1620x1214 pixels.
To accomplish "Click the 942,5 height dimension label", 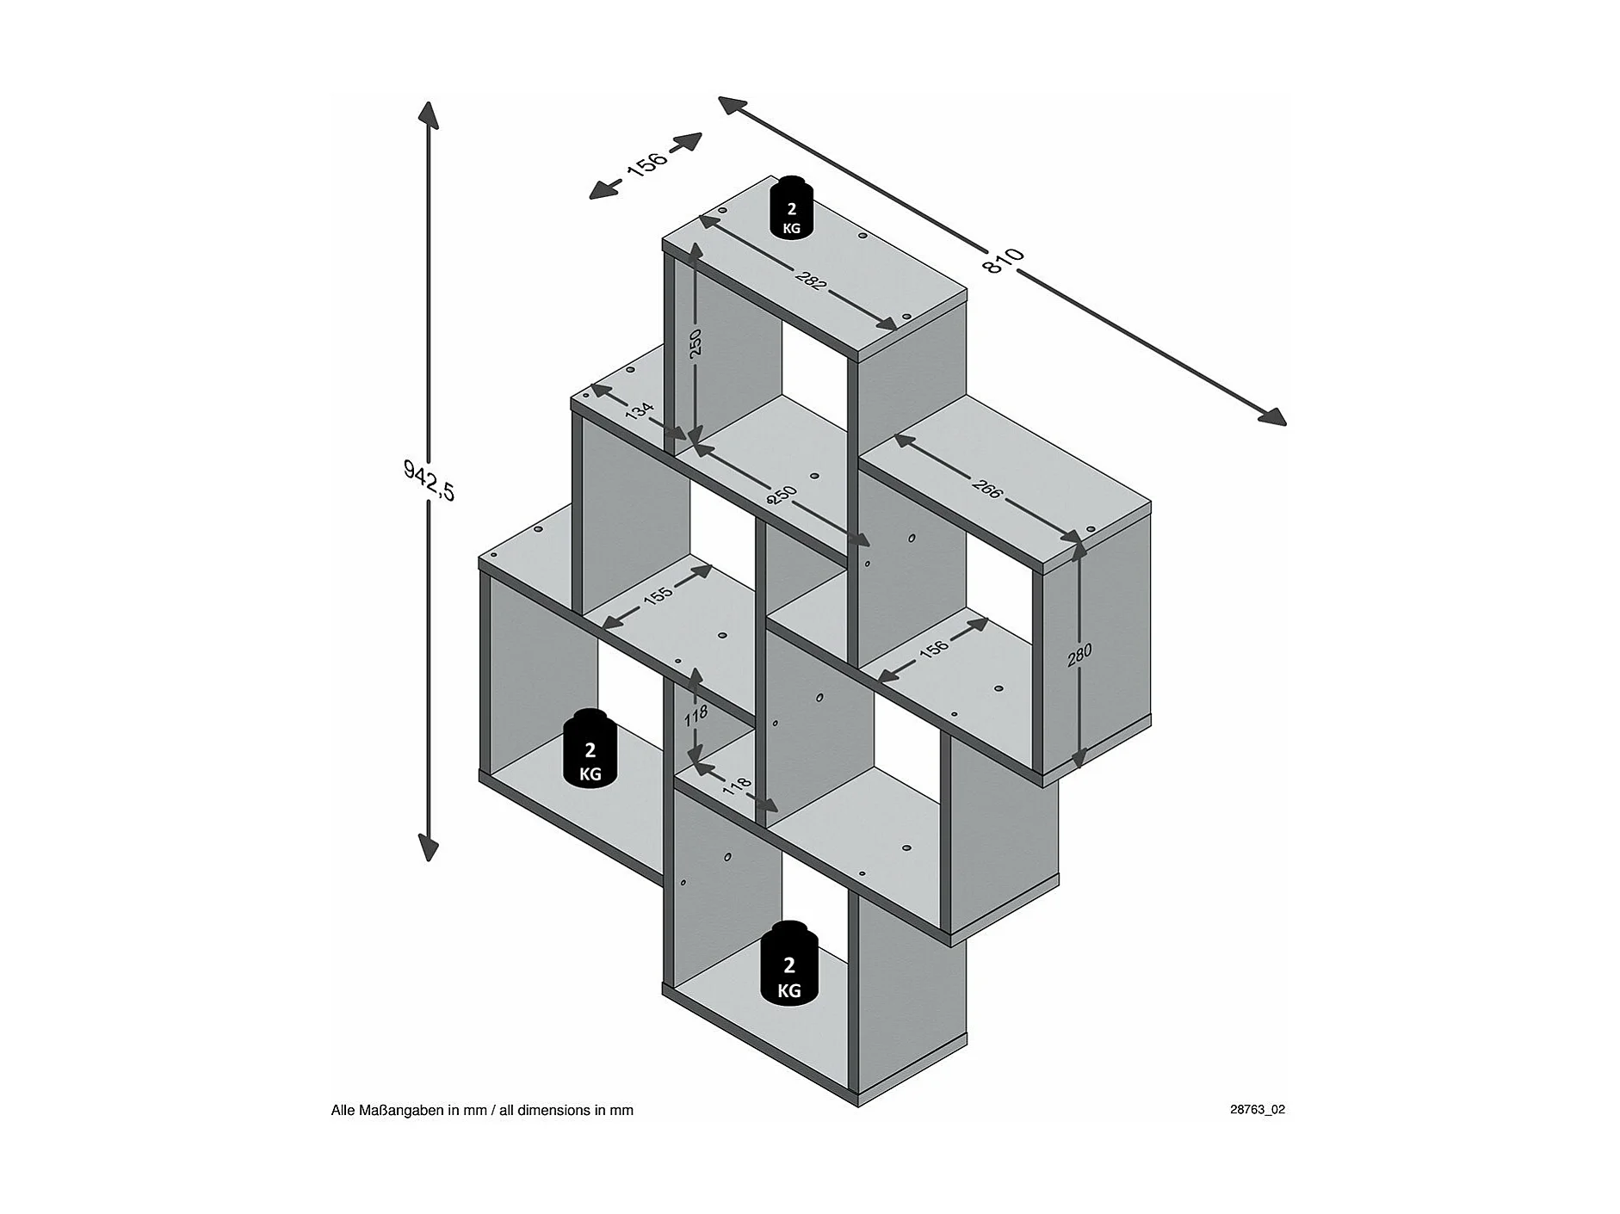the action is pyautogui.click(x=428, y=480).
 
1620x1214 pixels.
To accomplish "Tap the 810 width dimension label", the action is pyautogui.click(x=1003, y=260).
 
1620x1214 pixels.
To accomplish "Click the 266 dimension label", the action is pyautogui.click(x=987, y=487).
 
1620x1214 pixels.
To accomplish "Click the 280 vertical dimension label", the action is pyautogui.click(x=1079, y=655).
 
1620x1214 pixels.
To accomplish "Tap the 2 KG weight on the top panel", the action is pyautogui.click(x=791, y=207).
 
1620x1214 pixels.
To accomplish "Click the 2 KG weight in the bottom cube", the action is pyautogui.click(x=789, y=966).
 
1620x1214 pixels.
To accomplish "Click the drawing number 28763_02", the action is pyautogui.click(x=1257, y=1109).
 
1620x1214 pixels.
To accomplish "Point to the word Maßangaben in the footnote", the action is pyautogui.click(x=405, y=1110).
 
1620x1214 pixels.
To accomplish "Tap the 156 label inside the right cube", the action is pyautogui.click(x=933, y=648).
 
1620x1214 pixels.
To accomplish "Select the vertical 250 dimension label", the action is pyautogui.click(x=696, y=342).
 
